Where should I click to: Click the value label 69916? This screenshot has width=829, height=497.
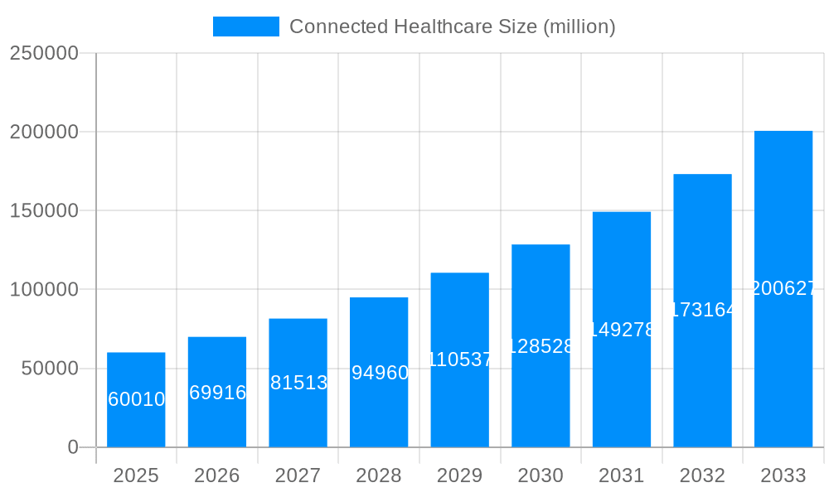click(217, 393)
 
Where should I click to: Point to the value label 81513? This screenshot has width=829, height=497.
click(298, 383)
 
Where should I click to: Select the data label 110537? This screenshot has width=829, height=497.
click(460, 359)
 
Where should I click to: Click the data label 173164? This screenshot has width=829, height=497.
click(702, 310)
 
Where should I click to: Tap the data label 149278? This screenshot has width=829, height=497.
click(622, 330)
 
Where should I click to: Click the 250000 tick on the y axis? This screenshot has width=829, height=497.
click(44, 53)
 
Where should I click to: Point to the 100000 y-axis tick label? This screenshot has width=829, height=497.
click(44, 290)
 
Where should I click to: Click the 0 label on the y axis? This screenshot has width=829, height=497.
click(73, 447)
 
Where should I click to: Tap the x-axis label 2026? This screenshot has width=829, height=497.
click(217, 475)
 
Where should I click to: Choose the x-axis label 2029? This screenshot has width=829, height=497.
click(460, 475)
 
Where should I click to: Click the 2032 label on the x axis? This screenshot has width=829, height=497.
click(702, 475)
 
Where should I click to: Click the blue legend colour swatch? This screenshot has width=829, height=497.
click(246, 27)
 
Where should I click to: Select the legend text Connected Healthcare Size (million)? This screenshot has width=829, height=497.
click(452, 27)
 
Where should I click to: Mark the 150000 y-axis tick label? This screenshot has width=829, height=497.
click(44, 211)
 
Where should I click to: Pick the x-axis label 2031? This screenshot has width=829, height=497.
click(622, 475)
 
